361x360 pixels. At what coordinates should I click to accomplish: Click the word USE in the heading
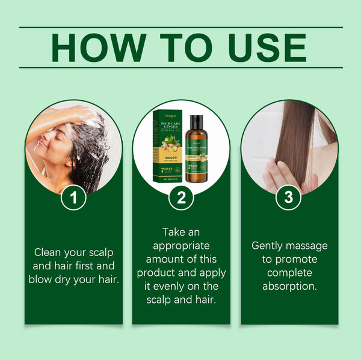(x=264, y=47)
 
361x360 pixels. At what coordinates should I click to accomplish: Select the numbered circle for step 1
(x=73, y=198)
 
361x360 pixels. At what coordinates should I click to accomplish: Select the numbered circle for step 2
(x=181, y=198)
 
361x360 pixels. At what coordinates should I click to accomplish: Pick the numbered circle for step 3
(x=289, y=198)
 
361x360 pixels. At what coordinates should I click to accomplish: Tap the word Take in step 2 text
(x=174, y=231)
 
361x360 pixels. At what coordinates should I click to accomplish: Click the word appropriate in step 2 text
(x=181, y=245)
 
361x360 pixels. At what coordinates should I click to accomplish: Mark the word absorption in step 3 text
(x=289, y=286)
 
